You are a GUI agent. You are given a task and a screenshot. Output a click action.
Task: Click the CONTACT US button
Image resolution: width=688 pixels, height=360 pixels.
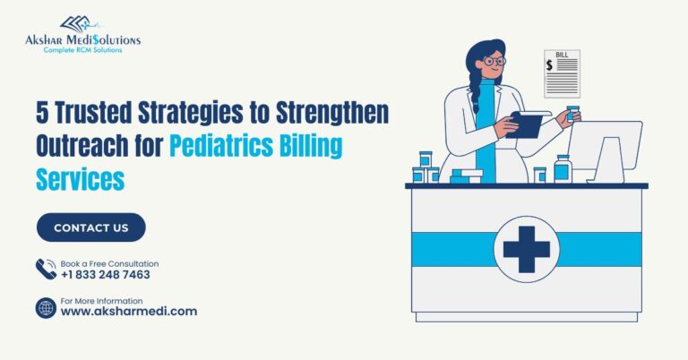90,227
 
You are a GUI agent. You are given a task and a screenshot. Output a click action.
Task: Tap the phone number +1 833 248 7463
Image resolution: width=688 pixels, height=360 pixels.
105,275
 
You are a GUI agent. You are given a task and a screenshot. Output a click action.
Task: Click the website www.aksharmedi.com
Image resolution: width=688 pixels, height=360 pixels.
128,311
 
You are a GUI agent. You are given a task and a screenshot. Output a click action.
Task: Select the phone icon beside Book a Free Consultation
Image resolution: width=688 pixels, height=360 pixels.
46,269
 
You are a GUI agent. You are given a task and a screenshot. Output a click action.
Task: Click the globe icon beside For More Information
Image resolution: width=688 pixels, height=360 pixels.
46,308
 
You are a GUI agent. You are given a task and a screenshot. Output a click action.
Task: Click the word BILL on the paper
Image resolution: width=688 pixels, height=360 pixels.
563,56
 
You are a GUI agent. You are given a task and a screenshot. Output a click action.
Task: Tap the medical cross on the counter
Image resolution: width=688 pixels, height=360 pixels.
526,248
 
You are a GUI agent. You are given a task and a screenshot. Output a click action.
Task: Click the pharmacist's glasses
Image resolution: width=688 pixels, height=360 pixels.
494,62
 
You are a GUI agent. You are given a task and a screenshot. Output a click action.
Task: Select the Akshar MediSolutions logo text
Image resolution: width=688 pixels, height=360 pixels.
83,39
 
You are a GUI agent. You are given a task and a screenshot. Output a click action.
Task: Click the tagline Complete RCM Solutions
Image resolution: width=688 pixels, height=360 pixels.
83,50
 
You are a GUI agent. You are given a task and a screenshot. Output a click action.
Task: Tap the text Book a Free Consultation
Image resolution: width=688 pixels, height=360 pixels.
109,263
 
